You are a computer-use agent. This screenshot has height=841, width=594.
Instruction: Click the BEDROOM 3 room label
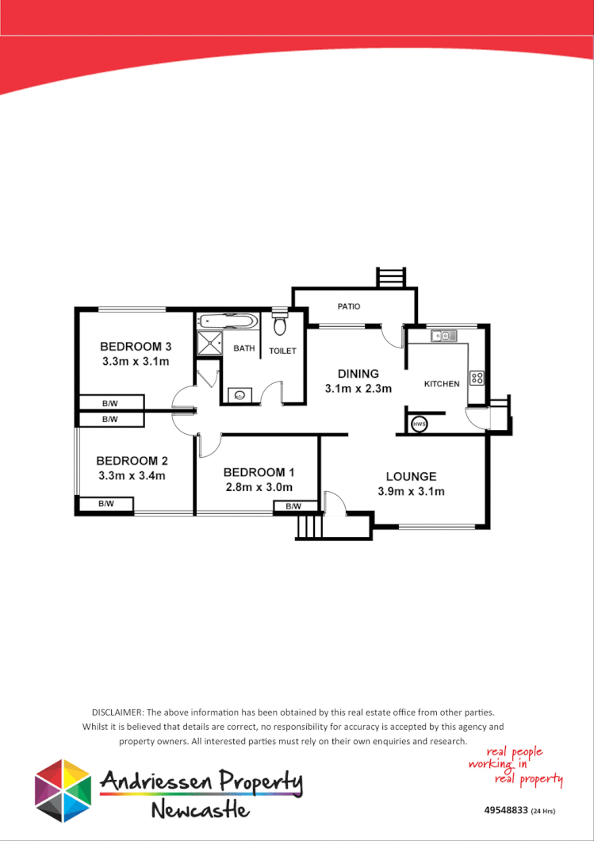(136, 347)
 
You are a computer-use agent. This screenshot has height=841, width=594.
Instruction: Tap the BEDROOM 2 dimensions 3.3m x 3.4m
(131, 476)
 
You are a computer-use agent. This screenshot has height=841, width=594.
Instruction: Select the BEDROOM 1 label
(259, 472)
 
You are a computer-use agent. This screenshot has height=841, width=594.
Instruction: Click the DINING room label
(358, 374)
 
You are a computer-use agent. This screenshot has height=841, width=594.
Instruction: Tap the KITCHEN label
(442, 384)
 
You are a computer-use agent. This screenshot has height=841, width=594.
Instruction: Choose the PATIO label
(349, 305)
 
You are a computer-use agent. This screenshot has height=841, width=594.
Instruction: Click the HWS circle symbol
(419, 424)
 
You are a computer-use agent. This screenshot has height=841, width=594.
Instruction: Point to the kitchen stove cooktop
(477, 378)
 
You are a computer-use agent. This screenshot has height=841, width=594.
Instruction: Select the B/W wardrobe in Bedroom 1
(293, 506)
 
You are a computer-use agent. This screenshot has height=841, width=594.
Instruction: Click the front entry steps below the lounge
(311, 526)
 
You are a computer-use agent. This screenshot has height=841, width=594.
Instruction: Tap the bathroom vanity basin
(240, 394)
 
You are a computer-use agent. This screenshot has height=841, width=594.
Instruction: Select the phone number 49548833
(505, 811)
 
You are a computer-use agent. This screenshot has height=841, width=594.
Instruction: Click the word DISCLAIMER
(118, 713)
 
